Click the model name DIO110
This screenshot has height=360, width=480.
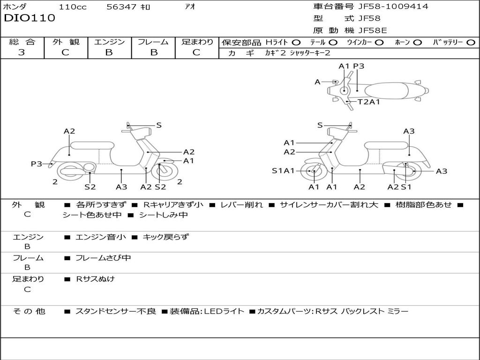pyautogui.click(x=30, y=18)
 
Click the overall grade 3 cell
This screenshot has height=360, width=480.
pyautogui.click(x=22, y=52)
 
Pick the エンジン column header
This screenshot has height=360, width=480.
pyautogui.click(x=109, y=42)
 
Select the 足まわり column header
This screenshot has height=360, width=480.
pyautogui.click(x=197, y=42)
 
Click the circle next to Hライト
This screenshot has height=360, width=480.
pyautogui.click(x=296, y=42)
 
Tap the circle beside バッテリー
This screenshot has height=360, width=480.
pyautogui.click(x=471, y=42)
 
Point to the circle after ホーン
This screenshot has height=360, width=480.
pyautogui.click(x=417, y=42)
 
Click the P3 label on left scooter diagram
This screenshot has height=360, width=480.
pyautogui.click(x=37, y=164)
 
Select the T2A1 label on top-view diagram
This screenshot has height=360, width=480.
pyautogui.click(x=369, y=102)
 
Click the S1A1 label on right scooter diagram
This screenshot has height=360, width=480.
pyautogui.click(x=283, y=171)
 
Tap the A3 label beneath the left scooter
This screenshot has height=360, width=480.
pyautogui.click(x=121, y=187)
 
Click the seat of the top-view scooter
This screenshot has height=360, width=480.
pyautogui.click(x=387, y=90)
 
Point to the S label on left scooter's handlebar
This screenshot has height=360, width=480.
pyautogui.click(x=159, y=125)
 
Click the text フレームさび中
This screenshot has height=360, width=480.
pyautogui.click(x=103, y=258)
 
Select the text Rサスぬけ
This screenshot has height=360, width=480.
pyautogui.click(x=95, y=279)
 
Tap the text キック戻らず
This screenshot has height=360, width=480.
pyautogui.click(x=165, y=237)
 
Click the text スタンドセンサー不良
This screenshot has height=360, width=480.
pyautogui.click(x=115, y=311)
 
